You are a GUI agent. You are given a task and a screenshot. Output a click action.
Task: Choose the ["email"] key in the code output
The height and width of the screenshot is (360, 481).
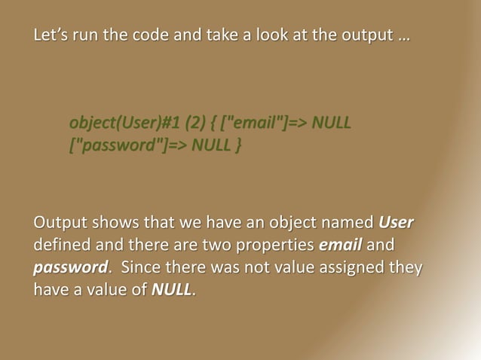coord(250,122)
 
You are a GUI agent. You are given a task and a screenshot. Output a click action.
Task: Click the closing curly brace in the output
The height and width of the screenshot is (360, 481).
coord(238,142)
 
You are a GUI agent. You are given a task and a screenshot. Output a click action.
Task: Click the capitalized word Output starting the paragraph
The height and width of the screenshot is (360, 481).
coord(60,224)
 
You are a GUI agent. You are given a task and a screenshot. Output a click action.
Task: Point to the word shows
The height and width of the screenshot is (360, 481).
coord(113,224)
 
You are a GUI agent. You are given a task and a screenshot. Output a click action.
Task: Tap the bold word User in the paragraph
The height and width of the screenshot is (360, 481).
coord(396,224)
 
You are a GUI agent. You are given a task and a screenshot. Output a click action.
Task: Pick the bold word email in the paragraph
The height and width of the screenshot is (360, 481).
coord(341,246)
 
